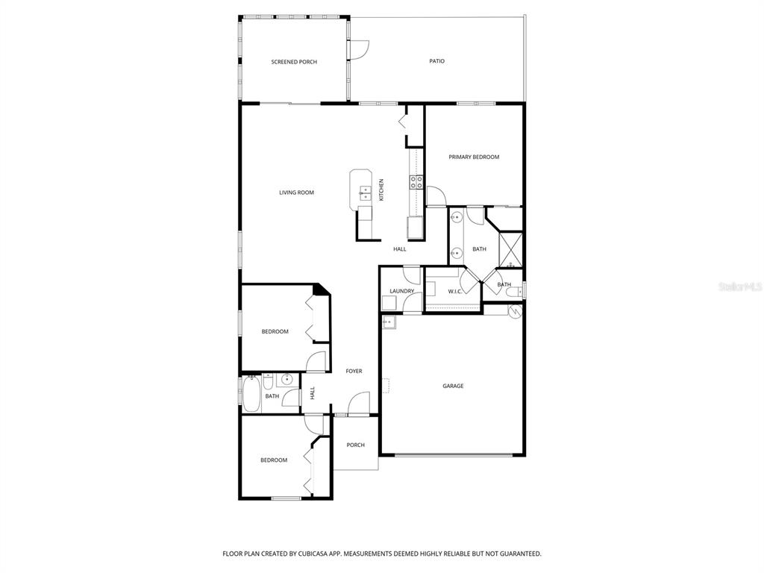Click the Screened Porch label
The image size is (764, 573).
pos(294,62)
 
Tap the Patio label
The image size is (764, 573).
pos(436,61)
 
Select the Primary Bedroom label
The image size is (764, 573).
pos(474,157)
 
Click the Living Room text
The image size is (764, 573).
pos(296,192)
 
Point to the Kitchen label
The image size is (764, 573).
pos(381,190)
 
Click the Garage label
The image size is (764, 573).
pos(453,386)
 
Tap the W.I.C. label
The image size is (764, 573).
pos(454,292)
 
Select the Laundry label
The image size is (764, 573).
pos(401,292)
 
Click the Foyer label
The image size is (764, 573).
pos(354,372)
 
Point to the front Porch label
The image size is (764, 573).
pos(355,445)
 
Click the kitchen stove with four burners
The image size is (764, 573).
pos(416,182)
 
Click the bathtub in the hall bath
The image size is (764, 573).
pos(251,393)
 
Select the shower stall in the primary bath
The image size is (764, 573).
pos(510,251)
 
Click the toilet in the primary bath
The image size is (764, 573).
pos(514,292)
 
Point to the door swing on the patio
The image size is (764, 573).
pos(359,50)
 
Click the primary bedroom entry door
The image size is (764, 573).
pos(436,196)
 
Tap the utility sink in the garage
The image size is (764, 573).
pos(388,322)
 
